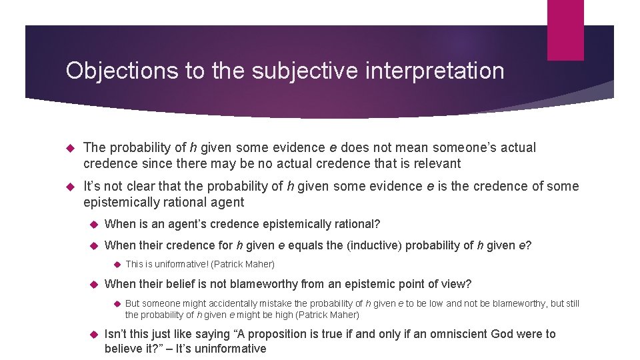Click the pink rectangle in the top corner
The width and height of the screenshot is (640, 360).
tap(565, 30)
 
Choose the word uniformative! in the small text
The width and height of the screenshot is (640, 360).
tap(179, 264)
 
